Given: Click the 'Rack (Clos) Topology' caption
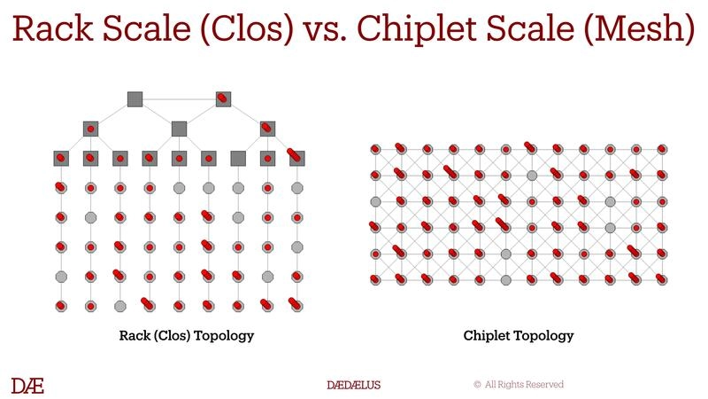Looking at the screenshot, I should tap(187, 336).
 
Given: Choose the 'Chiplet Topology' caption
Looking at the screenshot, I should tap(518, 336).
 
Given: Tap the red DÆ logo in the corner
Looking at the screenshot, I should tap(27, 385).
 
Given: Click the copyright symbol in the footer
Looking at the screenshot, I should tap(477, 385).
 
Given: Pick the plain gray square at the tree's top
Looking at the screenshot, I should tap(135, 98).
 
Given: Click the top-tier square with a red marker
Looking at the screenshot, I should tap(223, 98).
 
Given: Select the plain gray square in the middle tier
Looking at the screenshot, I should tap(179, 129).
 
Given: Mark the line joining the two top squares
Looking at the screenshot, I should tap(179, 98).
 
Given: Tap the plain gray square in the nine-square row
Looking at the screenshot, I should tap(238, 158).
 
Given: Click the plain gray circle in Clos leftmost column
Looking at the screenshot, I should tap(61, 277).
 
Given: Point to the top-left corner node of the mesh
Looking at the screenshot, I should tap(375, 149).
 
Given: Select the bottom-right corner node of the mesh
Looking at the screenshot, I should tap(661, 280).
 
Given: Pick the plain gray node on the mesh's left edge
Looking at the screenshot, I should tap(375, 201).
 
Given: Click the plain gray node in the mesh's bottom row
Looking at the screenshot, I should tap(505, 280).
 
